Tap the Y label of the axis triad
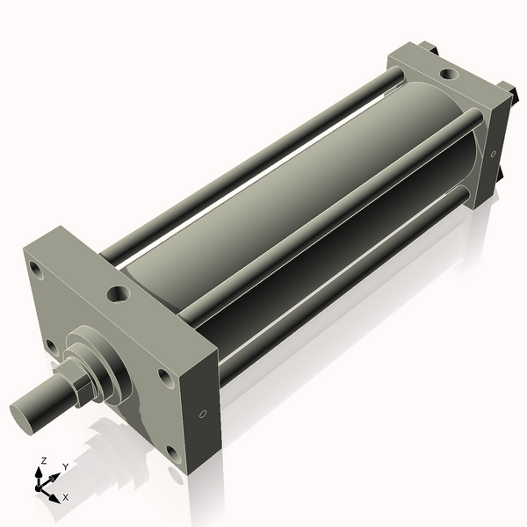pos(65,466)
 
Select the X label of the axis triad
pos(66,497)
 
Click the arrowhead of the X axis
pos(54,495)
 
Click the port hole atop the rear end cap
pos(448,75)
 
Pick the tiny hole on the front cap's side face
pos(203,413)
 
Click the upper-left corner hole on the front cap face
pos(35,267)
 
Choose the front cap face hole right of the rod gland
pos(164,378)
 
